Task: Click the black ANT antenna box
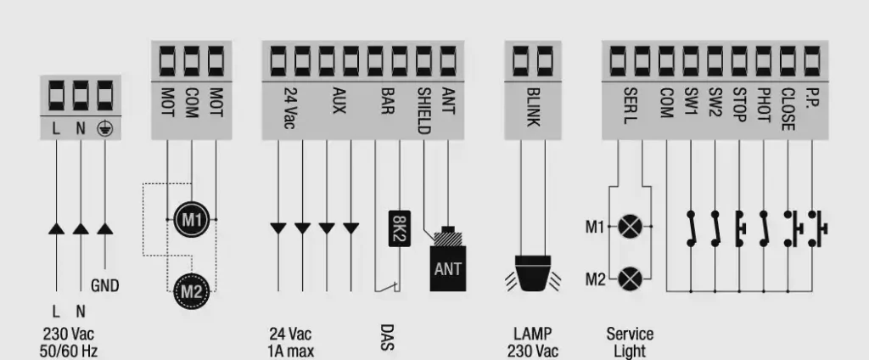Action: (x=447, y=270)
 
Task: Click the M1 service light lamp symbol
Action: (x=630, y=228)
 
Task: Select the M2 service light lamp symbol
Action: (x=630, y=278)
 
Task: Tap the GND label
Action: (x=104, y=286)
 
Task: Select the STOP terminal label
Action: (x=739, y=105)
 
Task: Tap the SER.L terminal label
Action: (x=630, y=105)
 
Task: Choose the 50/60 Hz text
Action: (x=70, y=350)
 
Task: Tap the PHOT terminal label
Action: (x=764, y=106)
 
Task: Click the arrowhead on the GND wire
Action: (x=104, y=228)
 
